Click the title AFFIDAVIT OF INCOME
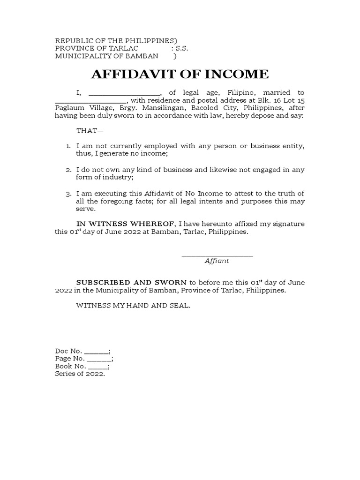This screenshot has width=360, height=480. [180, 74]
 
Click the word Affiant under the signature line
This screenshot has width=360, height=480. [217, 261]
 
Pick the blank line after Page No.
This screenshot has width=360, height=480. [99, 359]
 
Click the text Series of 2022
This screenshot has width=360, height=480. [80, 374]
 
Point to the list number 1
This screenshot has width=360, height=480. [68, 146]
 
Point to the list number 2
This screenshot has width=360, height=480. [68, 170]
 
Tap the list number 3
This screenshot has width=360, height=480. [68, 194]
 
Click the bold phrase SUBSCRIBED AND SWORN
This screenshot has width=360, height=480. [131, 283]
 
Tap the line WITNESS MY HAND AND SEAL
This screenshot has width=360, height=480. [134, 306]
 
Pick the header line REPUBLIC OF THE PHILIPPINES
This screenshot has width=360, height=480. [116, 41]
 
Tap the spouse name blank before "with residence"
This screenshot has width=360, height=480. [90, 100]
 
